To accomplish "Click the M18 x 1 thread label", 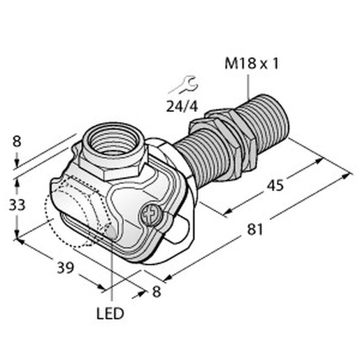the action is pyautogui.click(x=252, y=64).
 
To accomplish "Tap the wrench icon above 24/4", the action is pyautogui.click(x=184, y=85).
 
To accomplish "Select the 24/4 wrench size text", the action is pyautogui.click(x=182, y=107).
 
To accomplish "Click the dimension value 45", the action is pyautogui.click(x=275, y=186).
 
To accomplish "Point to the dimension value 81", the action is pyautogui.click(x=255, y=229).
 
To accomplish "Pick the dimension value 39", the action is pyautogui.click(x=66, y=268).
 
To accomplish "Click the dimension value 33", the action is pyautogui.click(x=17, y=206).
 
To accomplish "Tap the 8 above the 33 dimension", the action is pyautogui.click(x=17, y=141).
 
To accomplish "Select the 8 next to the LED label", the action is pyautogui.click(x=157, y=291).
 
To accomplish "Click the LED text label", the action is pyautogui.click(x=110, y=314).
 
